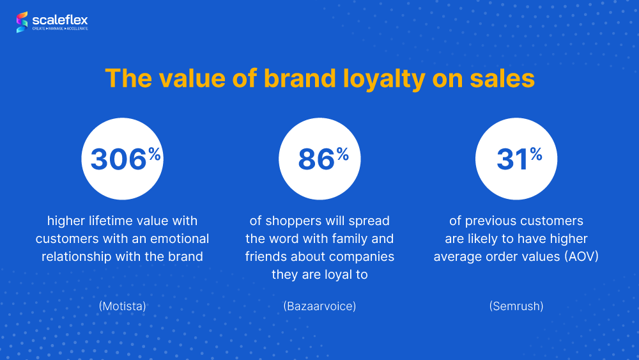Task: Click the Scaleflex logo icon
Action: point(22,22)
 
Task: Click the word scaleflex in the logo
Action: point(60,20)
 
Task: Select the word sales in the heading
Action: point(502,78)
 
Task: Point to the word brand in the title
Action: point(300,78)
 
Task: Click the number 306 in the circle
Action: point(118,159)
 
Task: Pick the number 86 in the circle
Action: point(316,159)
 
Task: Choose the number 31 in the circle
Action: point(512,159)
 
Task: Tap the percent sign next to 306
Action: point(155,154)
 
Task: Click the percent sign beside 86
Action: point(343,154)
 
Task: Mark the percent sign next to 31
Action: point(536,154)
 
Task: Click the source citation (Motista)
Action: point(122,306)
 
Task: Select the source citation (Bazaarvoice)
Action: point(319,306)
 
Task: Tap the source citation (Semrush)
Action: point(516,306)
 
